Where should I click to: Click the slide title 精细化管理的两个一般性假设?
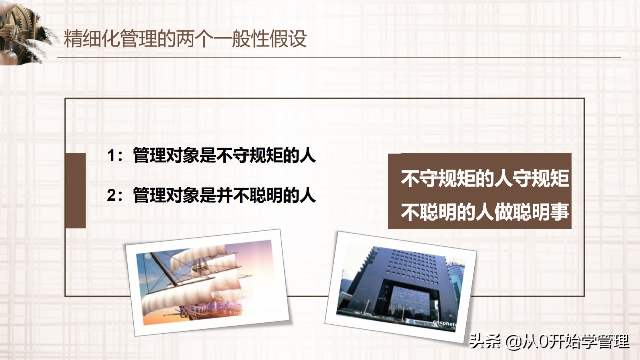pyautogui.click(x=185, y=39)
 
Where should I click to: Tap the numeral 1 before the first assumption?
pyautogui.click(x=111, y=155)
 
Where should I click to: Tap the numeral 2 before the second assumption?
pyautogui.click(x=111, y=196)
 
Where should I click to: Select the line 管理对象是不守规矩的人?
pyautogui.click(x=224, y=155)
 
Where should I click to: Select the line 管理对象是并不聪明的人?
pyautogui.click(x=224, y=196)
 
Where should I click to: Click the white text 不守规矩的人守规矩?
pyautogui.click(x=484, y=178)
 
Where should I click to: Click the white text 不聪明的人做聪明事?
pyautogui.click(x=484, y=212)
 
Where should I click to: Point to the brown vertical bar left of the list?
pyautogui.click(x=75, y=190)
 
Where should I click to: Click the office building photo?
pyautogui.click(x=400, y=286)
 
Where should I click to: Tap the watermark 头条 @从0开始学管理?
pyautogui.click(x=549, y=341)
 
